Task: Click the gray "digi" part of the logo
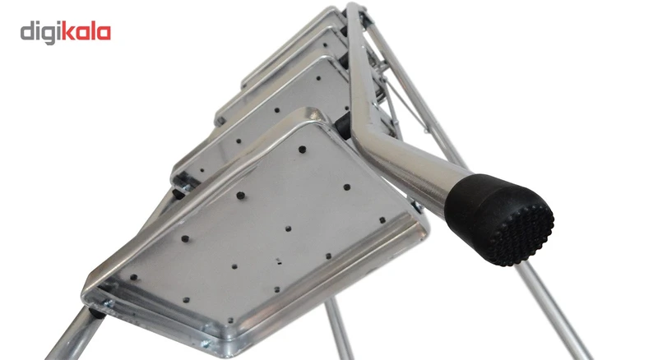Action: [x=40, y=33]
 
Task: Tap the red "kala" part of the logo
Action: [x=86, y=31]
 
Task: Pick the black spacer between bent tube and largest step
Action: [x=343, y=126]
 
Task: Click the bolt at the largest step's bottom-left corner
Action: [x=110, y=303]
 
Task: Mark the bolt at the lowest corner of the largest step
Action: [x=205, y=344]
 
